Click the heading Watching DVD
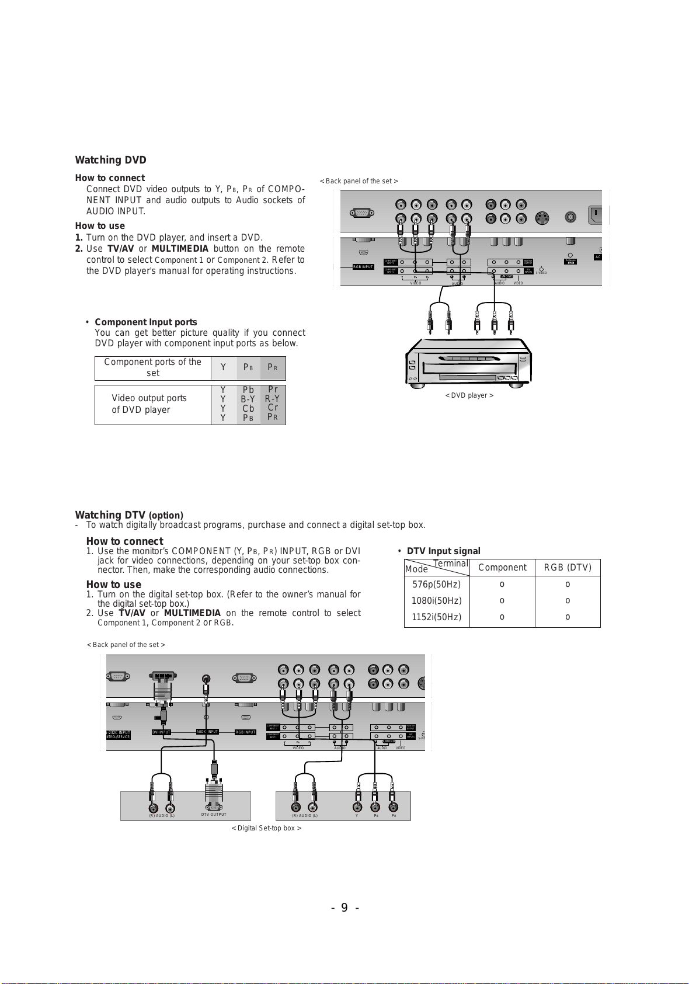point(110,160)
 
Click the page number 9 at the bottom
point(344,907)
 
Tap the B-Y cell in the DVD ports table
point(248,399)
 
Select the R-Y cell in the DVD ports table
point(272,399)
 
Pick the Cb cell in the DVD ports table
point(248,409)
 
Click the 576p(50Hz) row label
point(436,585)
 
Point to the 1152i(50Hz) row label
point(436,617)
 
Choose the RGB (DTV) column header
point(568,568)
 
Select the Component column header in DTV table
point(502,568)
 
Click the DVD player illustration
point(469,362)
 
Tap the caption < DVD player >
point(469,395)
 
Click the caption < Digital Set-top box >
point(266,828)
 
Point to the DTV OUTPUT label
point(214,815)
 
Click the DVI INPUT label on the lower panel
point(161,732)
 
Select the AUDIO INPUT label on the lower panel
point(207,732)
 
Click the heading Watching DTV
point(110,515)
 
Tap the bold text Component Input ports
point(145,322)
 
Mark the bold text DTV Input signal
point(443,551)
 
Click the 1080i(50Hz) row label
point(436,601)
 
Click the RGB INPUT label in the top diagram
point(363,267)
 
